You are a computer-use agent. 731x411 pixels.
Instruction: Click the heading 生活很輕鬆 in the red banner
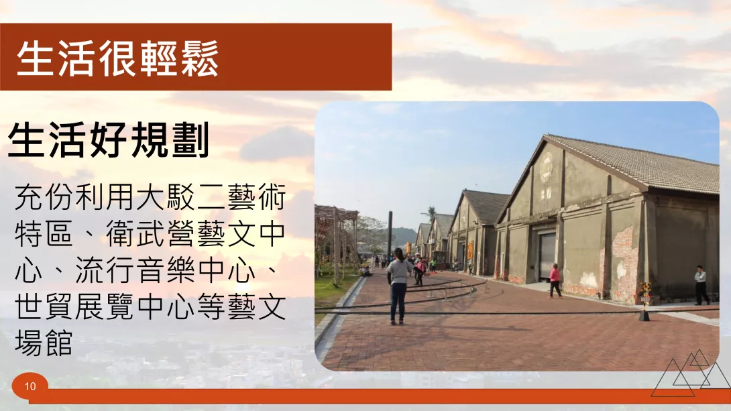coord(117,58)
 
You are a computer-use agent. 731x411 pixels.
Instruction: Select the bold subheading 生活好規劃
coord(109,140)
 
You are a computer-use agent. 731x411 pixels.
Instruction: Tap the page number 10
coord(30,386)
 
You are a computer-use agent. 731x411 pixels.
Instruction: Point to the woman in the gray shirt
coord(399,286)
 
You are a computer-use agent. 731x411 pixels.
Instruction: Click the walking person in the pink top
coord(555,280)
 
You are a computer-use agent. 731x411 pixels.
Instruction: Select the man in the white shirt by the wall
coord(701,285)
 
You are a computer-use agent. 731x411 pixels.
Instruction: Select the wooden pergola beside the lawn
coord(336,242)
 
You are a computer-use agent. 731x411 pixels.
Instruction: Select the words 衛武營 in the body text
coord(150,234)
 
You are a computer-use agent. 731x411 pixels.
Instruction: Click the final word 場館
coord(44,344)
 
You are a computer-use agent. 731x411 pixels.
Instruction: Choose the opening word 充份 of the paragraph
coord(45,197)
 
